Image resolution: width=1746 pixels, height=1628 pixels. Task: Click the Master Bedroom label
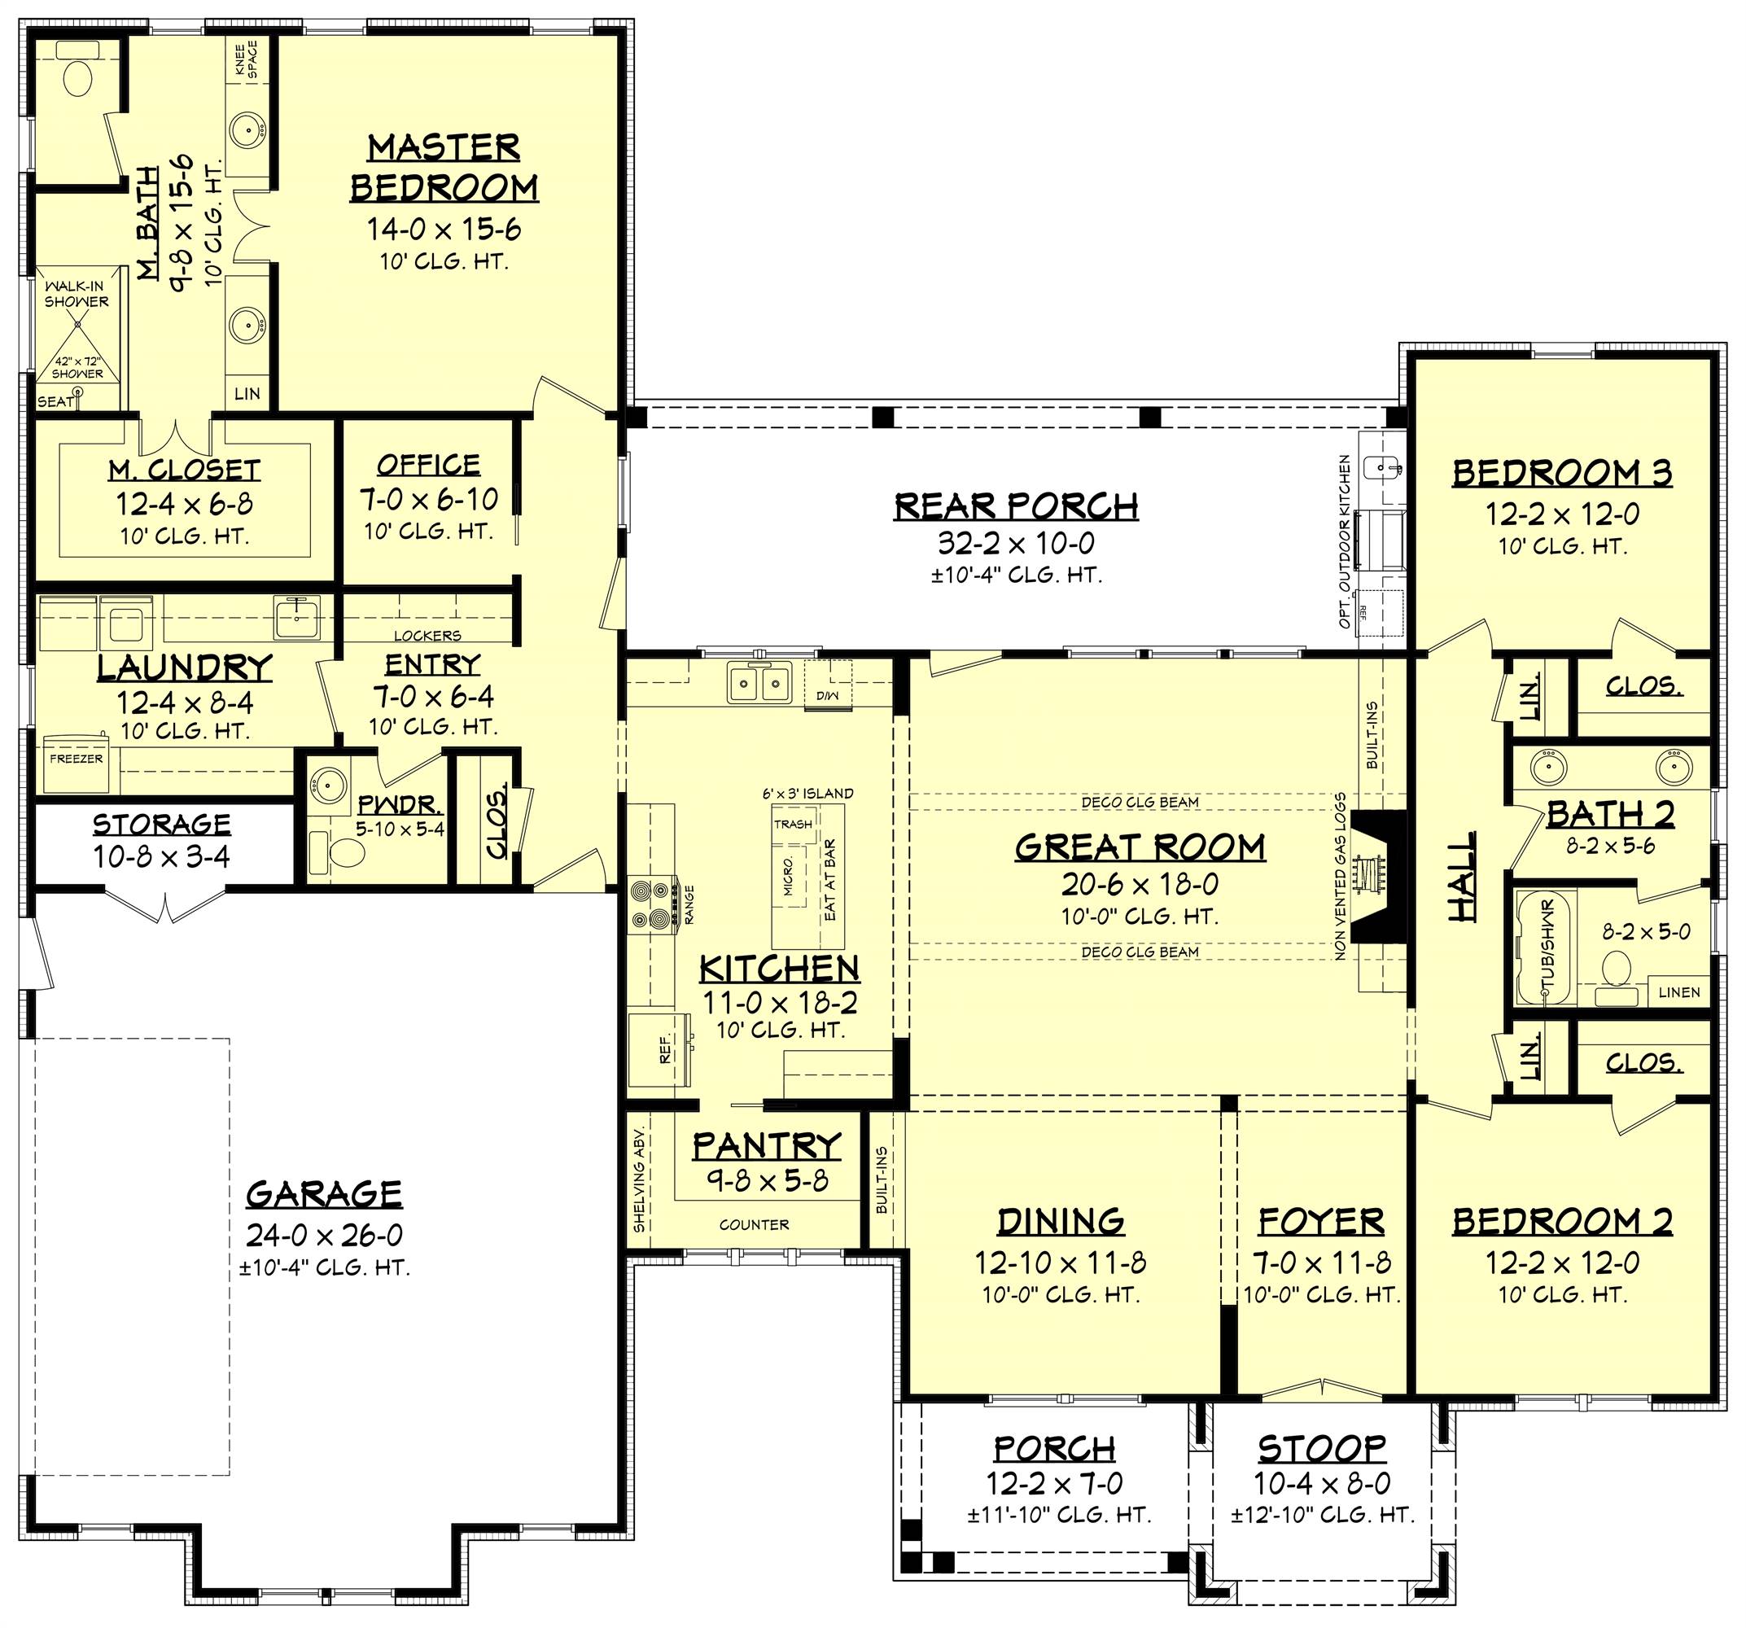point(444,168)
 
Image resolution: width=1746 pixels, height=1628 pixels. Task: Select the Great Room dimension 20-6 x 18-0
point(1140,884)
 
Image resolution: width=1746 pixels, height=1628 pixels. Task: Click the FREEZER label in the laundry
point(76,759)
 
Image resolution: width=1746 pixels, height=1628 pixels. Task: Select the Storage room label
point(162,825)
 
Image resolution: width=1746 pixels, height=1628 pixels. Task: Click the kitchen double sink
point(759,681)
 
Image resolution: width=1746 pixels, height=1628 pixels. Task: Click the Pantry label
point(767,1146)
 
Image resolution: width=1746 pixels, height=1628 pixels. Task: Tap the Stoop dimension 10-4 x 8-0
point(1322,1483)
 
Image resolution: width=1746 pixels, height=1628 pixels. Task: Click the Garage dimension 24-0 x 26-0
point(324,1236)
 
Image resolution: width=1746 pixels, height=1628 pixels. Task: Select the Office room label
point(429,465)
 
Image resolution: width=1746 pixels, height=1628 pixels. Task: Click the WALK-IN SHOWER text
point(77,294)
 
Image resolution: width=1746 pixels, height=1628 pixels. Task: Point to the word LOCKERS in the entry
point(427,635)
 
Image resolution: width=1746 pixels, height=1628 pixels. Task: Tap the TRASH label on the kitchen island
point(793,824)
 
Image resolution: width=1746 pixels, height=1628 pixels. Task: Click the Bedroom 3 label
point(1561,473)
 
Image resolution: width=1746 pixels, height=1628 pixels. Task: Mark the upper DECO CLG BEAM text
point(1139,802)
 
